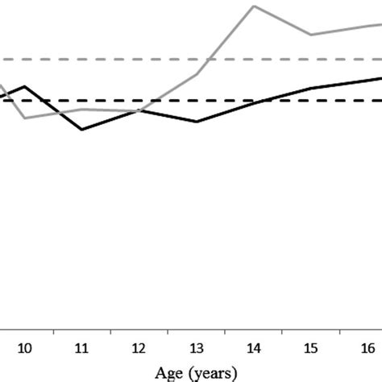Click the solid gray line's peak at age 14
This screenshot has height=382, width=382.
254,6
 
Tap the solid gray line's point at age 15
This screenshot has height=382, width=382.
311,35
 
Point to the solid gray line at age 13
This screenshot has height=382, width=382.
197,74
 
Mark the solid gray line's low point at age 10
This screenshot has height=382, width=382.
25,118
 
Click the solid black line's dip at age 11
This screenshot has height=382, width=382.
81,129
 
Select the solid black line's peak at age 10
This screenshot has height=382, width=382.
25,86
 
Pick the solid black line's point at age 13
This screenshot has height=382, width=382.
197,122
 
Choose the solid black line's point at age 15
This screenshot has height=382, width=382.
311,88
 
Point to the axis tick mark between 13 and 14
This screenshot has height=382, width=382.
225,332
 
